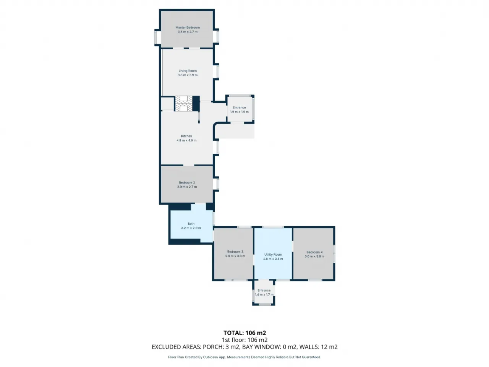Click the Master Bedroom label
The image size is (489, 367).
click(x=187, y=28)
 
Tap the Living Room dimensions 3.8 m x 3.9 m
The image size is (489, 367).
click(x=187, y=75)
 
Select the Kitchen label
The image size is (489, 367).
click(x=186, y=136)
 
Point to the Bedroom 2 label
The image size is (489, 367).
click(x=187, y=183)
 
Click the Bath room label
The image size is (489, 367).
click(x=191, y=224)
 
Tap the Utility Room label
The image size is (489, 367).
click(x=273, y=255)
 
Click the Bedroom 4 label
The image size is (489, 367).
click(x=314, y=252)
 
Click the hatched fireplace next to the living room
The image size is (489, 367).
click(x=184, y=103)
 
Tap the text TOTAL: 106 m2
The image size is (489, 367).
click(x=244, y=333)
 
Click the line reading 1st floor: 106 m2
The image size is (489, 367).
click(x=244, y=340)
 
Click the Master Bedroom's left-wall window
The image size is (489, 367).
click(x=157, y=37)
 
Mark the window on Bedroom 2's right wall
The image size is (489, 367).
click(x=216, y=184)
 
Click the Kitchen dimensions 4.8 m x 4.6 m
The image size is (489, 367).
click(x=186, y=140)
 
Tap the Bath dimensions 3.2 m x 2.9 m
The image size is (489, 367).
click(x=191, y=228)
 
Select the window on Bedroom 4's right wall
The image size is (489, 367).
click(x=334, y=254)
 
